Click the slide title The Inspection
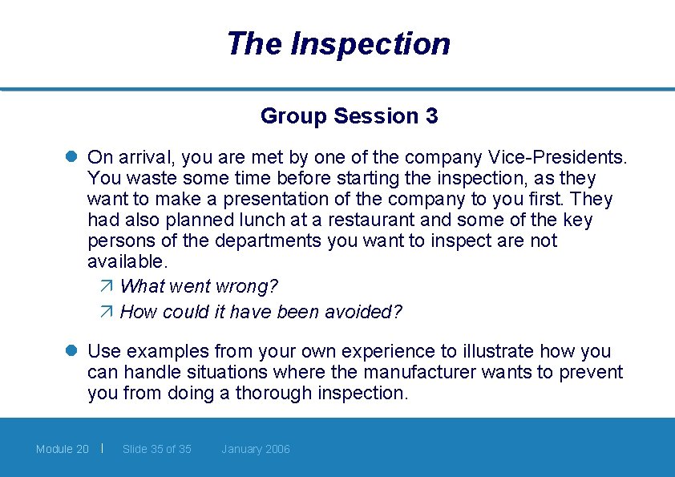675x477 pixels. (337, 43)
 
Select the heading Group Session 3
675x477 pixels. (349, 116)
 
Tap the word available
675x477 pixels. (127, 261)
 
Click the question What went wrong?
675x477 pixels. (199, 286)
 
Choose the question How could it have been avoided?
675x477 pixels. (261, 312)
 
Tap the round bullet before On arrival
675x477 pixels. (71, 157)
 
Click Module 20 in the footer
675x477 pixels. (63, 449)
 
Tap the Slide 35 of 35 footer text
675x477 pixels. (157, 449)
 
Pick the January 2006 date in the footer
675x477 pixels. (256, 449)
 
